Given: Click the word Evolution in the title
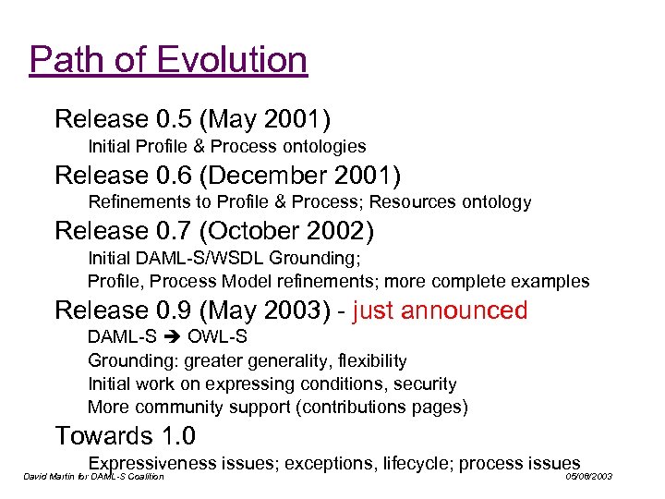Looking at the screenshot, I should [232, 60].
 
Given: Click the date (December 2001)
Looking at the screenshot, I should [314, 175].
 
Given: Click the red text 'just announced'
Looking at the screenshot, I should [440, 310].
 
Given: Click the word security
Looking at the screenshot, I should [425, 383].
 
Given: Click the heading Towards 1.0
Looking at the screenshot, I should [126, 435].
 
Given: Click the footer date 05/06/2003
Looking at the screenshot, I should [588, 477].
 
